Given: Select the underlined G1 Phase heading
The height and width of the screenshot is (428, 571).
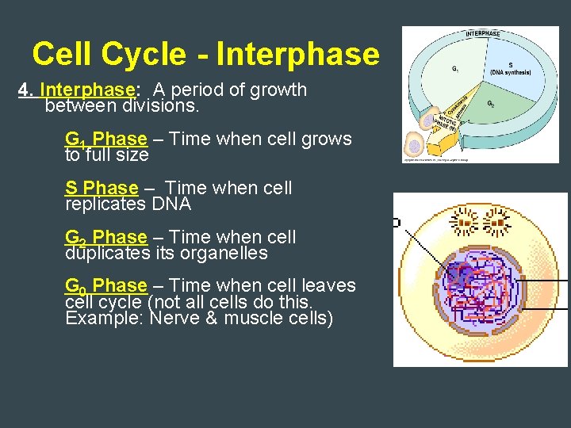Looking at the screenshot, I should pyautogui.click(x=105, y=139).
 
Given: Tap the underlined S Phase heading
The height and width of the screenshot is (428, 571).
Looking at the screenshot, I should pyautogui.click(x=102, y=189).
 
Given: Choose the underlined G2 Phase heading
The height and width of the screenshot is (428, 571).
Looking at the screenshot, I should pyautogui.click(x=105, y=238).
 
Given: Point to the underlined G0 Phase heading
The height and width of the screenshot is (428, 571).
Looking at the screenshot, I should pyautogui.click(x=105, y=286).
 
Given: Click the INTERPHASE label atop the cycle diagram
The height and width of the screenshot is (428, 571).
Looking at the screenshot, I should pyautogui.click(x=482, y=34).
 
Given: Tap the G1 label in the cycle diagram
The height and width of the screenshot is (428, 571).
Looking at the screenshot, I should pyautogui.click(x=455, y=70).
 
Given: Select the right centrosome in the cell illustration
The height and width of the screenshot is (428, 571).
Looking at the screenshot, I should pyautogui.click(x=500, y=223).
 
